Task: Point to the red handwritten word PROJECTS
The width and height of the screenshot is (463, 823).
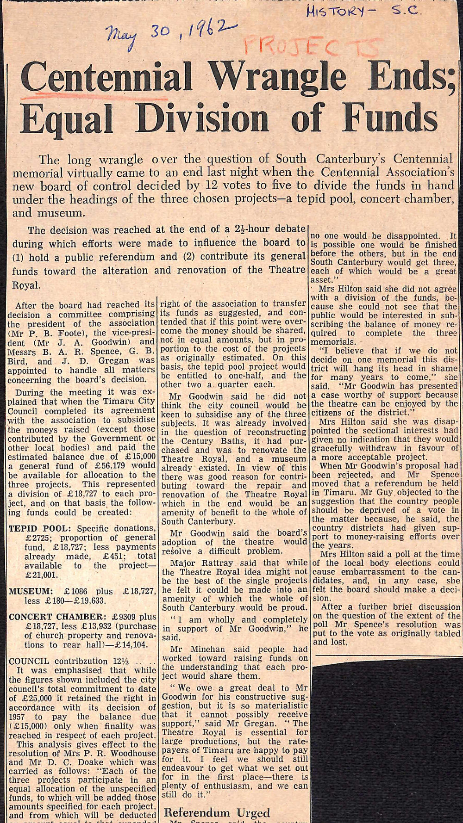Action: click(x=311, y=47)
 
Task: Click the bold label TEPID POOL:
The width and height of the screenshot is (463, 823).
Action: click(x=40, y=528)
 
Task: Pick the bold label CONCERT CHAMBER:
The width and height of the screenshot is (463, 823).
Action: click(x=58, y=617)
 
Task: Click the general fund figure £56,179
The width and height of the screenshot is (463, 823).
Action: click(x=95, y=466)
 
